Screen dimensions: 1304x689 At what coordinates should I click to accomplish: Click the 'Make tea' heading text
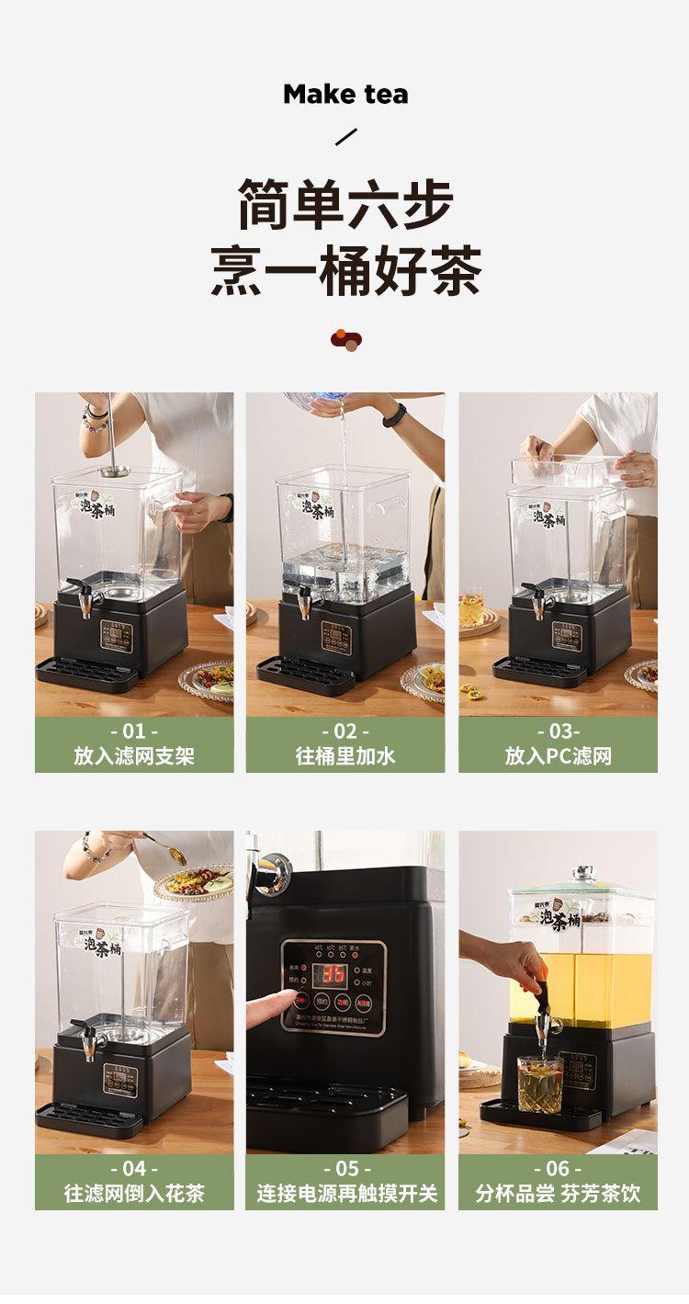[345, 94]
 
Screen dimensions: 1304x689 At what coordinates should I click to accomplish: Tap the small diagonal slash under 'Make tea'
[345, 138]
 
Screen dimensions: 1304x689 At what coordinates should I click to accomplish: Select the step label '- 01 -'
[134, 731]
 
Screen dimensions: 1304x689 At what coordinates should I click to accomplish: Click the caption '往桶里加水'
[345, 756]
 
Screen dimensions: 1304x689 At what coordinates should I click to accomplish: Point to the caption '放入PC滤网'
[558, 756]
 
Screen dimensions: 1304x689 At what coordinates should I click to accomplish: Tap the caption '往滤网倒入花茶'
[134, 1194]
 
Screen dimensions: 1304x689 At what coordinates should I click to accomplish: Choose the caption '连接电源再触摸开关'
[345, 1194]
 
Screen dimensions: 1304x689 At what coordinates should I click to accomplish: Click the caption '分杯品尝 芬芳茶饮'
[558, 1194]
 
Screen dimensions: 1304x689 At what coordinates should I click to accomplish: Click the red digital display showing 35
[331, 974]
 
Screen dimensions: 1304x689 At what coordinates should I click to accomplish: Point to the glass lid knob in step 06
[581, 873]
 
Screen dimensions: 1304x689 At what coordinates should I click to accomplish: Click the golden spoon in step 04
[171, 855]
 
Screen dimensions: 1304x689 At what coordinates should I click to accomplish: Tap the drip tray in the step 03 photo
[540, 671]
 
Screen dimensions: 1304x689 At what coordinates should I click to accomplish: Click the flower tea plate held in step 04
[195, 883]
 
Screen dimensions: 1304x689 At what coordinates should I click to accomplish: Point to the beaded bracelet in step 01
[94, 419]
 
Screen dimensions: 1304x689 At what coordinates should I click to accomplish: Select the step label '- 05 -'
[345, 1169]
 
